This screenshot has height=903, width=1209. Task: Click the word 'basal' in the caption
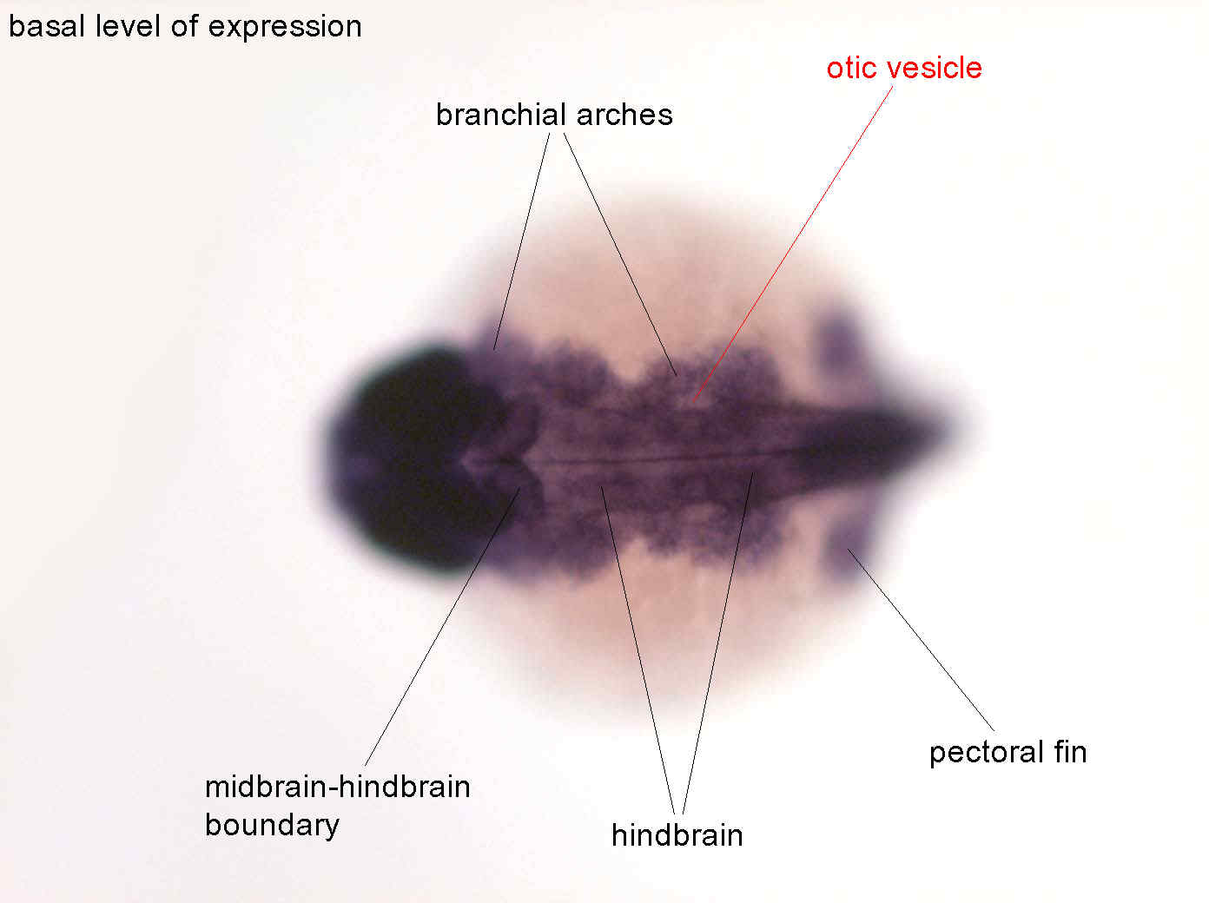click(x=48, y=26)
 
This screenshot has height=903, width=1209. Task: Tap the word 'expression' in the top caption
click(x=285, y=29)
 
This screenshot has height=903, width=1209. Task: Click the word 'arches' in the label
click(x=624, y=115)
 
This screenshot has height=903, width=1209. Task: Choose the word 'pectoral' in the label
click(x=986, y=754)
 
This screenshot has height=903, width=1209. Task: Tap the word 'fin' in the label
click(x=1070, y=752)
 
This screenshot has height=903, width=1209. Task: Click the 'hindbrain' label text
click(x=677, y=835)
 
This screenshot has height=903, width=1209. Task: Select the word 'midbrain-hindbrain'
click(x=338, y=787)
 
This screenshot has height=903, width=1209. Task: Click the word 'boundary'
click(x=272, y=826)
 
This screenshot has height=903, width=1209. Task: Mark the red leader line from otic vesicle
click(x=793, y=244)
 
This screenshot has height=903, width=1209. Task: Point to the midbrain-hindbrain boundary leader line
click(x=442, y=627)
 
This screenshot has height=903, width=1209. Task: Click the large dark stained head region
click(x=419, y=457)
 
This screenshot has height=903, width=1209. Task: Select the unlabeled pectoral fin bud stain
click(x=840, y=337)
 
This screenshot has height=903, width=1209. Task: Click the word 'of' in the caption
click(x=184, y=26)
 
